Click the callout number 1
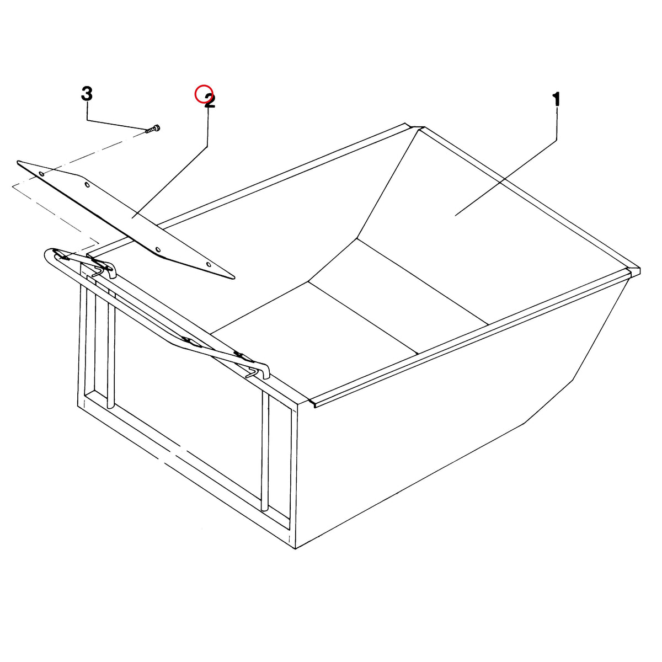[x=556, y=100]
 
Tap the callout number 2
[x=210, y=100]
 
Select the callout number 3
[x=87, y=93]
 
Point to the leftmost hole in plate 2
[x=42, y=174]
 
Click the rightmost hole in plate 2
[x=209, y=265]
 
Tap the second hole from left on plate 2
[x=87, y=185]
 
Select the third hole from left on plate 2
[x=158, y=249]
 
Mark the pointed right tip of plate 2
[x=234, y=278]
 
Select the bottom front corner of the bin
[x=296, y=548]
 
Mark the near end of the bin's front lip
[x=313, y=405]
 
